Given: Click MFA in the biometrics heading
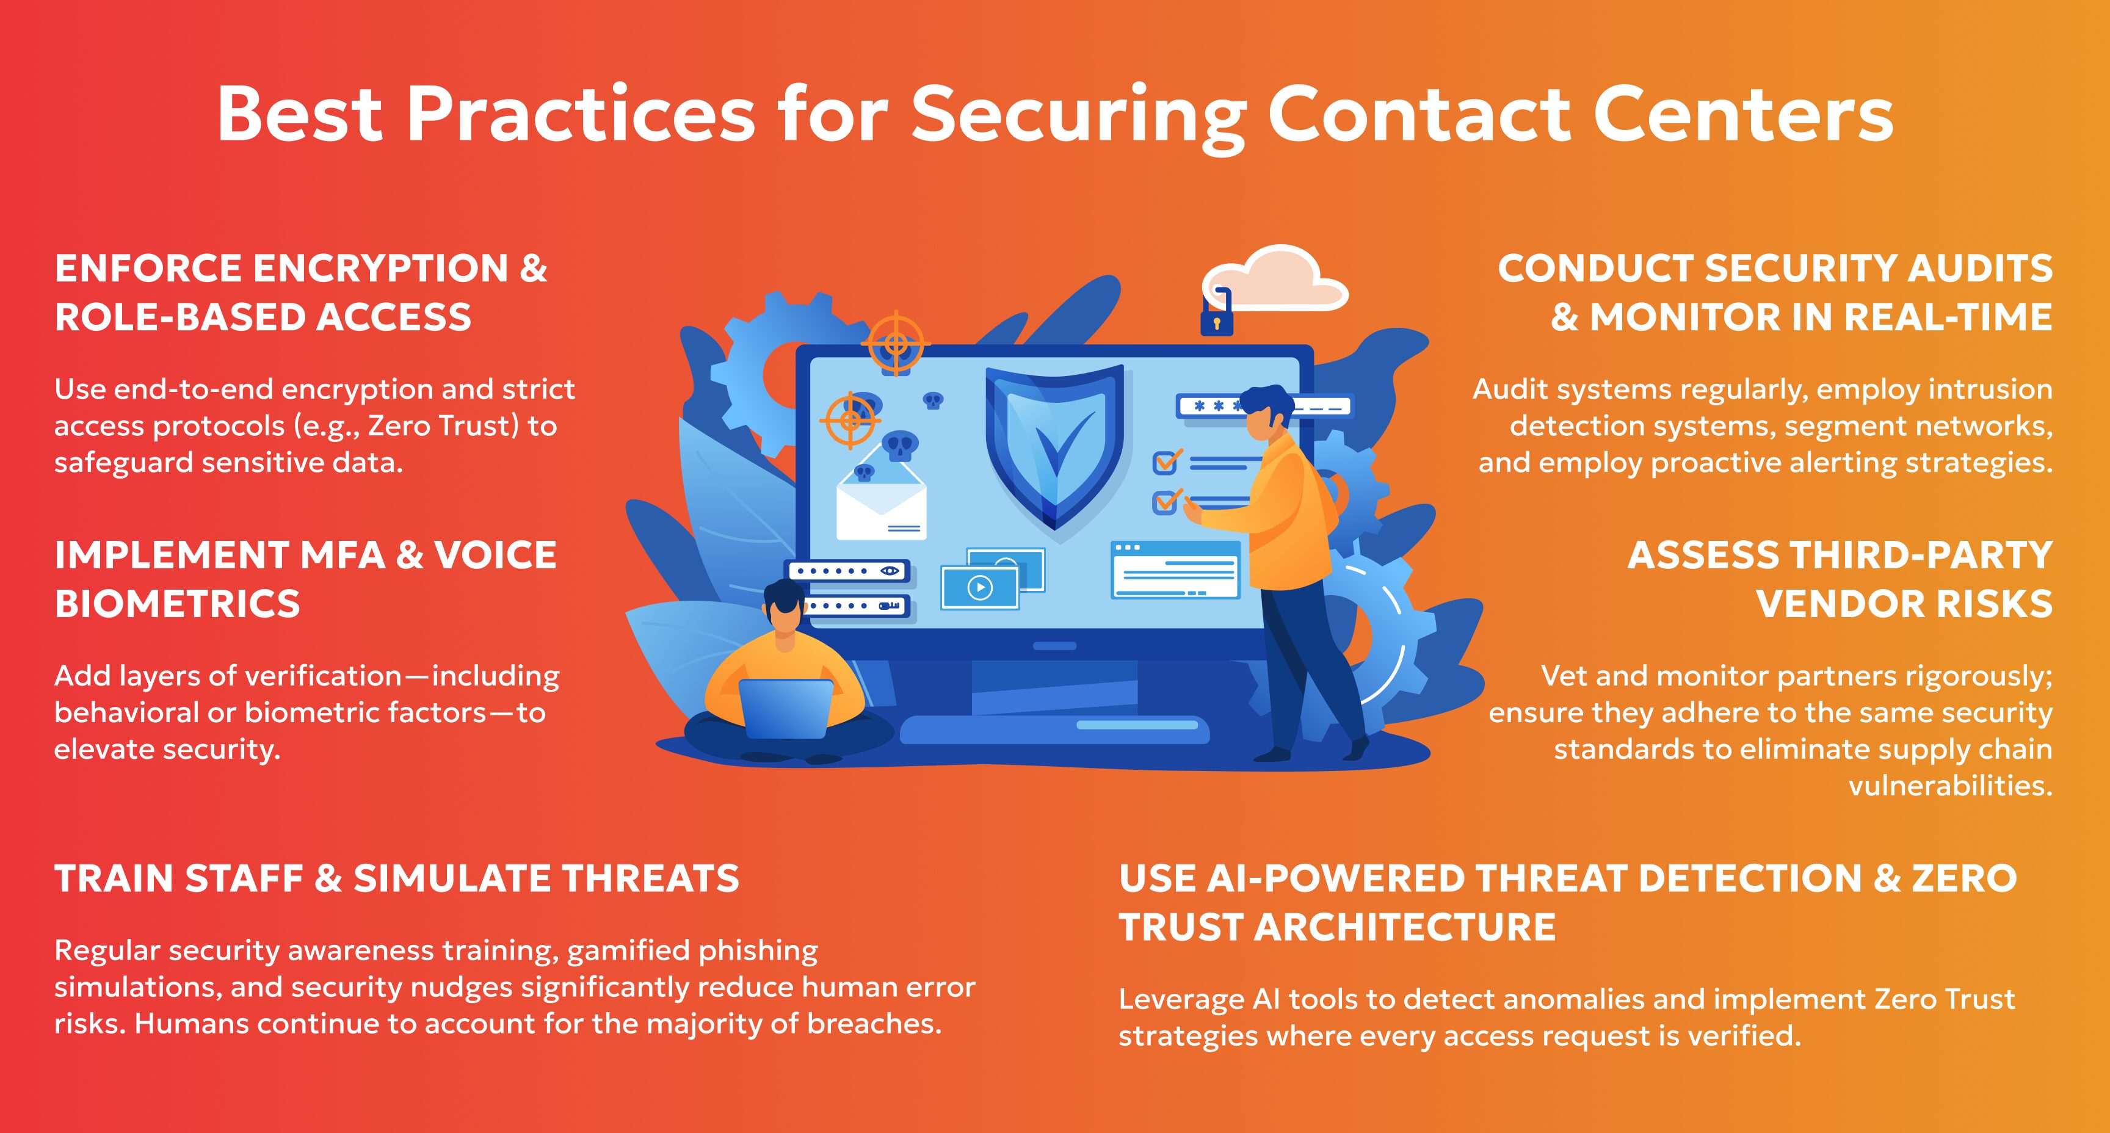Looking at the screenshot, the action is tap(343, 556).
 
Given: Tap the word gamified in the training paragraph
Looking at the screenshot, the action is tap(628, 951).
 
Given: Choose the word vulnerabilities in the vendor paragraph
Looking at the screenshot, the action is tap(1950, 786).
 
